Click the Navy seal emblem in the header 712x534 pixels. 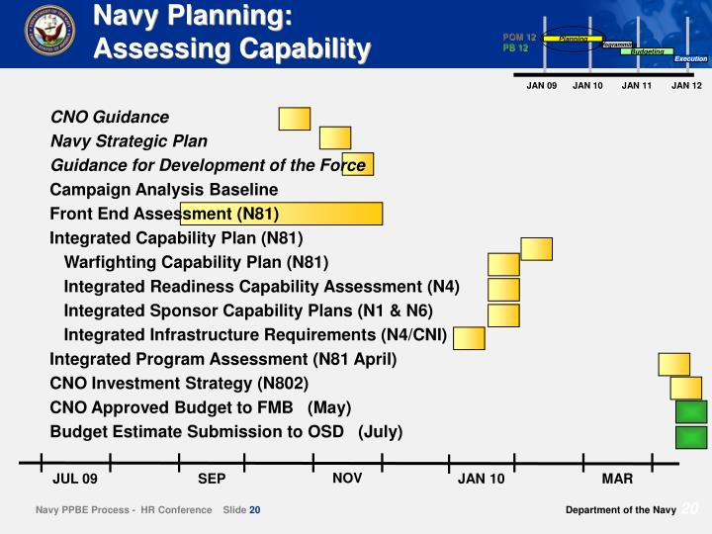[x=50, y=32]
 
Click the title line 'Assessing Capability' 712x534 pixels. [x=232, y=48]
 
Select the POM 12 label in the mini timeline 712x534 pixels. [x=518, y=37]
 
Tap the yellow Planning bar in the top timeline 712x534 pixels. [x=574, y=39]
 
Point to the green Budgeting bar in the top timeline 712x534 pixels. [x=649, y=51]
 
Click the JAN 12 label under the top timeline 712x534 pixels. [x=686, y=86]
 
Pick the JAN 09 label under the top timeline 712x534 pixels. [x=542, y=86]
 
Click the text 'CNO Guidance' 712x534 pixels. [x=110, y=117]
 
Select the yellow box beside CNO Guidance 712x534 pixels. [x=295, y=119]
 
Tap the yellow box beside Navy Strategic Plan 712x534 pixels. [x=335, y=138]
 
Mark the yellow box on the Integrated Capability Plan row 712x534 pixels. [x=536, y=248]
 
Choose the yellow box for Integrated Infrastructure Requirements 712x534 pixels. [x=469, y=338]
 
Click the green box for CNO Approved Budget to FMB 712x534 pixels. [x=691, y=412]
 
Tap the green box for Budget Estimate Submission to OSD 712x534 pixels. [x=691, y=437]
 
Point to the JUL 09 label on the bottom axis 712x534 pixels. [x=75, y=480]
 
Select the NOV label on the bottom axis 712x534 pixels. [x=347, y=479]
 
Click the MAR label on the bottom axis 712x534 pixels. [x=617, y=480]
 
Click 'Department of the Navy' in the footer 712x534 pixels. [x=621, y=509]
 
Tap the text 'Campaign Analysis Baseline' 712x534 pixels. [x=164, y=189]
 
